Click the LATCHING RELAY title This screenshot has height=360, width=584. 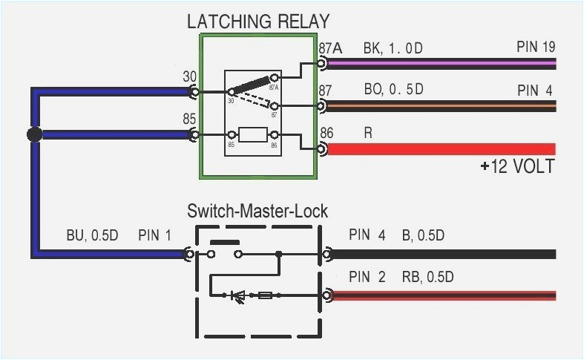[x=257, y=21]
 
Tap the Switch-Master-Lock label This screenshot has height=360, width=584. [x=257, y=211]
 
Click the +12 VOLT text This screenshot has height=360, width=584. [x=516, y=166]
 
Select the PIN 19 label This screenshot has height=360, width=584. [x=536, y=48]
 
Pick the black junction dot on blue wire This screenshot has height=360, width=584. [x=33, y=134]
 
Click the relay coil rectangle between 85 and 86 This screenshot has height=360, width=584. [x=253, y=135]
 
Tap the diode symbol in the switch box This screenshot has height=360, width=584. [x=238, y=295]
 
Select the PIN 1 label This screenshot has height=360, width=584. [x=154, y=236]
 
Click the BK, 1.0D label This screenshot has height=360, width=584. [x=393, y=48]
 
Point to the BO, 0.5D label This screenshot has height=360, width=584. [x=393, y=90]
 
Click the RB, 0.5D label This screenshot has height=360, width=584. [x=427, y=278]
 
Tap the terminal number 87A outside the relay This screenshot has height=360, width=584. [x=330, y=48]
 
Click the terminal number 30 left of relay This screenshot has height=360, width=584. [x=189, y=76]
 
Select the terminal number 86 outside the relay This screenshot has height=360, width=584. [x=327, y=133]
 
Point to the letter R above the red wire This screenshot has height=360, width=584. [x=368, y=133]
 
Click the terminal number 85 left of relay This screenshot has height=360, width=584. [x=189, y=118]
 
